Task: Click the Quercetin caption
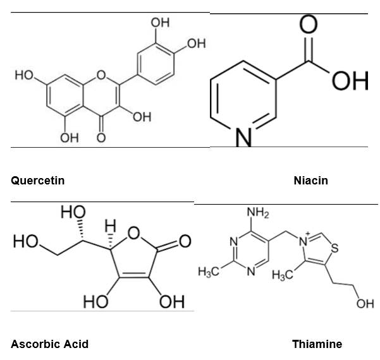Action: pyautogui.click(x=38, y=181)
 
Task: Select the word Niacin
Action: pyautogui.click(x=311, y=181)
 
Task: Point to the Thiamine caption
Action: pyautogui.click(x=317, y=344)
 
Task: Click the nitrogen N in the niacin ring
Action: pyautogui.click(x=243, y=137)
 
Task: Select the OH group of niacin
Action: pyautogui.click(x=350, y=81)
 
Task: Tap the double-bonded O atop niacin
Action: pyautogui.click(x=309, y=24)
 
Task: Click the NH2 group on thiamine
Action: pyautogui.click(x=258, y=213)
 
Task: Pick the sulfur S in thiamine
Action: pyautogui.click(x=334, y=248)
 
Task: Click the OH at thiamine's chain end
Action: pyautogui.click(x=365, y=304)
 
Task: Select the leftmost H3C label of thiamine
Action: pyautogui.click(x=209, y=272)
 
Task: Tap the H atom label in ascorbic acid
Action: pyautogui.click(x=110, y=225)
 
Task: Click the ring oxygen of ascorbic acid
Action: pyautogui.click(x=134, y=233)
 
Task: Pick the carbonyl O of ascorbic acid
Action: pyautogui.click(x=185, y=241)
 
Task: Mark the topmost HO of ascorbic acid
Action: pyautogui.click(x=73, y=212)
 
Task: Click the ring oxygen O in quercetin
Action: pyautogui.click(x=101, y=75)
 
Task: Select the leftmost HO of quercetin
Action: pyautogui.click(x=24, y=75)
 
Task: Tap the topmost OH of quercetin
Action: pyautogui.click(x=160, y=23)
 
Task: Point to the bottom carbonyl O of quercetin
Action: pyautogui.click(x=101, y=138)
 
